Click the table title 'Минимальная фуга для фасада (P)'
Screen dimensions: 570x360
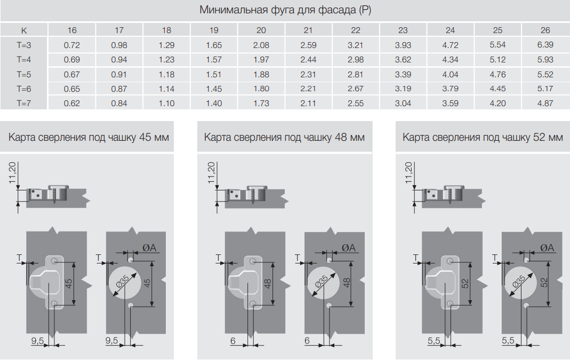point(285,10)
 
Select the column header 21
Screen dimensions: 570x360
point(308,30)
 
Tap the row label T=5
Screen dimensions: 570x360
point(23,75)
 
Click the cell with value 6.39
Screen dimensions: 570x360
point(545,45)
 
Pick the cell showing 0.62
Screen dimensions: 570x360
point(71,103)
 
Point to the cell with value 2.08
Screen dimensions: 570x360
point(261,45)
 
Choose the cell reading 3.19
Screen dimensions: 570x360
point(403,89)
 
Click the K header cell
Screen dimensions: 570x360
point(24,30)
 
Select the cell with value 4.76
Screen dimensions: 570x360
point(497,75)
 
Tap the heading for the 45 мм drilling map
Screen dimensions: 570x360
point(89,138)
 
